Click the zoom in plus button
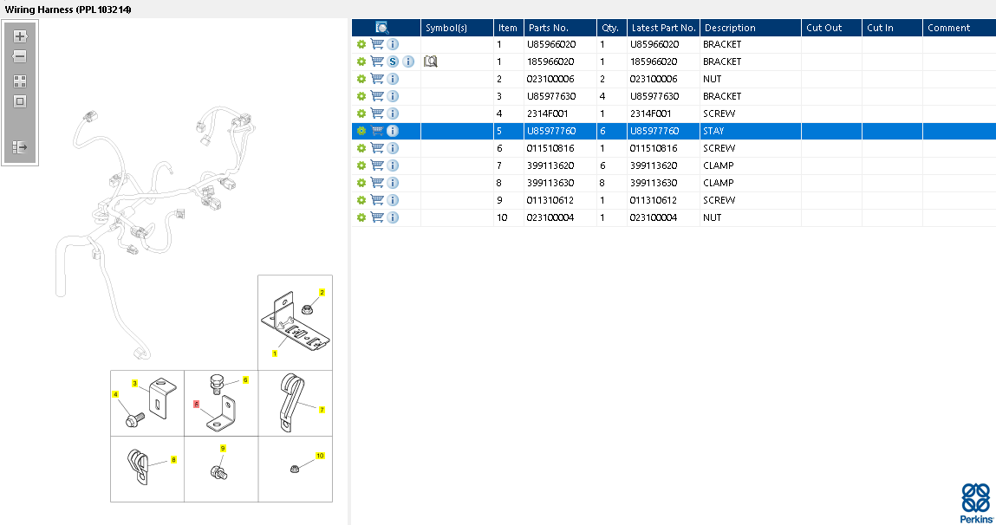20,36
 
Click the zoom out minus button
20,56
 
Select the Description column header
730,28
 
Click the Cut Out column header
823,28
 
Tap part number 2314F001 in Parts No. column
548,113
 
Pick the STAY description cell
713,131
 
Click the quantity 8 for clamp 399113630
602,183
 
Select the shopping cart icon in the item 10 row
377,217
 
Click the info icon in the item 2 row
394,79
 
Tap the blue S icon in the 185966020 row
394,62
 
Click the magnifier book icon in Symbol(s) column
431,62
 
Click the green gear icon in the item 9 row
361,200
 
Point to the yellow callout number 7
322,410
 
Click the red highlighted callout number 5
196,405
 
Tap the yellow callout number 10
320,456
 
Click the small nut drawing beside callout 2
307,310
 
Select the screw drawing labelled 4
135,418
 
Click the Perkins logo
976,502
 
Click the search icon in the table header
381,28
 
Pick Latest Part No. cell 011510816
654,148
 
